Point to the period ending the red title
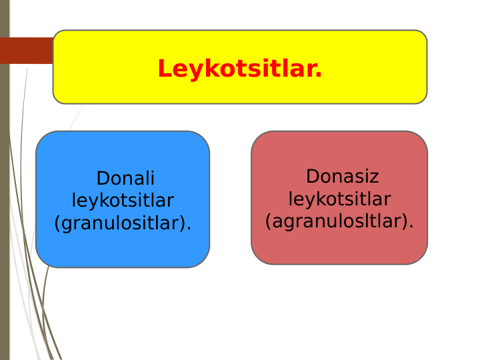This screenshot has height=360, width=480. [x=319, y=74]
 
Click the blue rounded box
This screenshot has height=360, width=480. [x=123, y=247]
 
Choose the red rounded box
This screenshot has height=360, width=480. [x=339, y=247]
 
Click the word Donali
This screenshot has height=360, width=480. [x=125, y=179]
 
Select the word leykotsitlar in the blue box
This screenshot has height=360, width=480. [x=123, y=201]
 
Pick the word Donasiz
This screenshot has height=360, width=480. [x=342, y=177]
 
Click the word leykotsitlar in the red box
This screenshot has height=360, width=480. [x=339, y=199]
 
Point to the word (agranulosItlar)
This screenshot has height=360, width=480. [x=339, y=221]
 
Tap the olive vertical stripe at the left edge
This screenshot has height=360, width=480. [x=5, y=200]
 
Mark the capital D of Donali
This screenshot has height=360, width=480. [x=103, y=179]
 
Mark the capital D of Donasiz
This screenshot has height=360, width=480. [x=312, y=177]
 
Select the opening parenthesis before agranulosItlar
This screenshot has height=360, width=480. [x=268, y=221]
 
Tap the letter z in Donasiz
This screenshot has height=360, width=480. [x=375, y=177]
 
